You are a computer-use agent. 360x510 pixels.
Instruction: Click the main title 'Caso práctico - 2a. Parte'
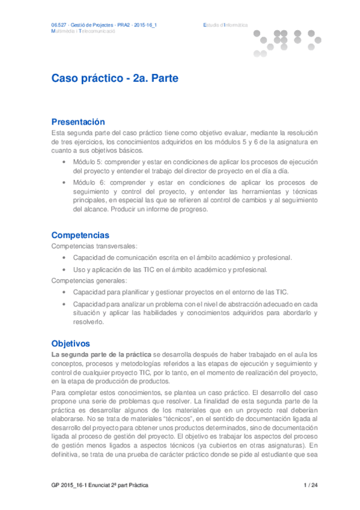[115, 79]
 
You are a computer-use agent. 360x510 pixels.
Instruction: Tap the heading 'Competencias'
[81, 235]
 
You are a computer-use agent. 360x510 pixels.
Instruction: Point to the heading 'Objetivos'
[70, 343]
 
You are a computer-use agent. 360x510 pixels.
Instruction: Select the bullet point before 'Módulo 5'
[65, 162]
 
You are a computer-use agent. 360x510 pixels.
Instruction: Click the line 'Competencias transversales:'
[85, 247]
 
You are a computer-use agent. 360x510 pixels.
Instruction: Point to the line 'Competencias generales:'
[81, 280]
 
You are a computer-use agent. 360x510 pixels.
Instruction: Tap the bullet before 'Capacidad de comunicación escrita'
[65, 258]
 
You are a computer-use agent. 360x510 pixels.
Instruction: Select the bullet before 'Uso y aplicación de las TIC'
[65, 269]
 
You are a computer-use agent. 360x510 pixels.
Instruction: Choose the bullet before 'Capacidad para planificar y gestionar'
[65, 292]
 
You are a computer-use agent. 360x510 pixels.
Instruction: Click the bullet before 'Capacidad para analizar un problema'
[65, 304]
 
